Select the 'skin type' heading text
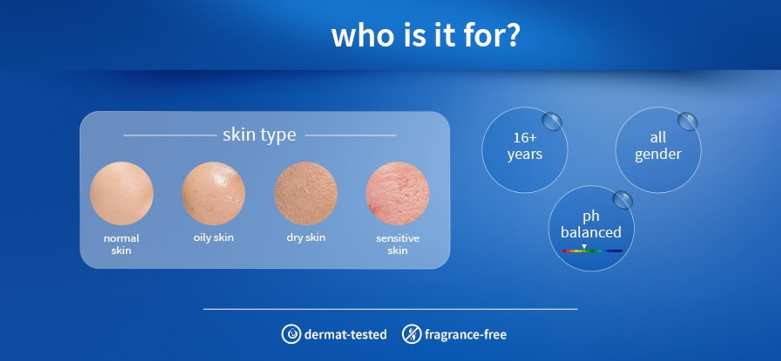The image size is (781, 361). click(260, 134)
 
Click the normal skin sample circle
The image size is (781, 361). click(122, 193)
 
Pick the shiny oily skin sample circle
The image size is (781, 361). click(213, 193)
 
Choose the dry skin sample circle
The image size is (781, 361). click(306, 193)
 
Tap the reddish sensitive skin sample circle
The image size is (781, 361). click(398, 193)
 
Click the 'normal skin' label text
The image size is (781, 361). click(121, 244)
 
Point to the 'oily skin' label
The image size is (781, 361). click(213, 238)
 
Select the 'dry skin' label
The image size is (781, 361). click(306, 238)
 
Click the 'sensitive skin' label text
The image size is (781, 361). click(398, 244)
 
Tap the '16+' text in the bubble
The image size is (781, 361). click(525, 138)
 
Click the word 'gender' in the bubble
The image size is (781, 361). click(658, 154)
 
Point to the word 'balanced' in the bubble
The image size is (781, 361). click(591, 232)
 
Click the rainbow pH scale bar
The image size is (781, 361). click(592, 251)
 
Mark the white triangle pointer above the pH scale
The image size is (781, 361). click(584, 246)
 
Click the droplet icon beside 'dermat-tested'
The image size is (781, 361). click(291, 334)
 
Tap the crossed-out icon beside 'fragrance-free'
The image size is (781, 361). click(412, 334)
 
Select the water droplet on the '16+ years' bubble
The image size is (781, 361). click(552, 121)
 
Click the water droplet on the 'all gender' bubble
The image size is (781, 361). click(687, 121)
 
